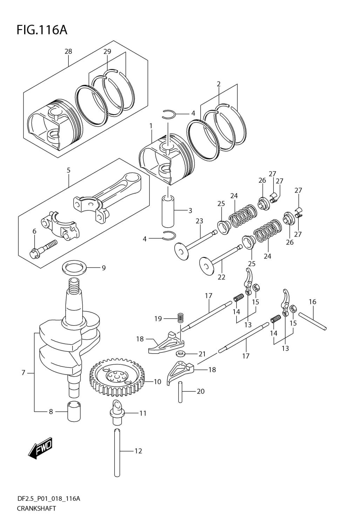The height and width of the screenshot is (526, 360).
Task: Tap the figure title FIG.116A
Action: [42, 30]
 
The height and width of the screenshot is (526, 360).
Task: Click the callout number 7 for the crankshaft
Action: [23, 373]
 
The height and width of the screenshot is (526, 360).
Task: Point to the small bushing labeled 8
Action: [74, 411]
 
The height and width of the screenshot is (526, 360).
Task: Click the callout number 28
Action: [68, 51]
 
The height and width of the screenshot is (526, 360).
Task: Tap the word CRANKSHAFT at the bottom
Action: [36, 508]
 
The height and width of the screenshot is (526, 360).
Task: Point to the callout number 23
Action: [199, 221]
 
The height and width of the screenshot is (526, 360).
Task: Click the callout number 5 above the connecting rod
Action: [69, 170]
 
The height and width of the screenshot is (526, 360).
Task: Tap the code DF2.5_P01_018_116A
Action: [48, 498]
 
